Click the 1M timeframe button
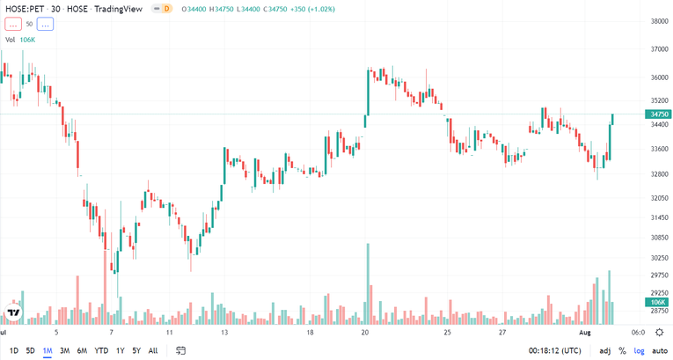pos(48,350)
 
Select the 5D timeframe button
pos(30,350)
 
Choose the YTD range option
pos(101,350)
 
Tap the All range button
pos(153,350)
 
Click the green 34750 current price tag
pos(659,114)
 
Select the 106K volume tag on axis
pos(659,301)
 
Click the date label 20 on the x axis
pos(365,333)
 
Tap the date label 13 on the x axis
pos(225,333)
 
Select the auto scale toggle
pos(660,350)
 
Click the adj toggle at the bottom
pos(605,350)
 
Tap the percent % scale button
pos(622,350)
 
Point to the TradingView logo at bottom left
pos(13,313)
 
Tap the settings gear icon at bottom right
pos(659,333)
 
